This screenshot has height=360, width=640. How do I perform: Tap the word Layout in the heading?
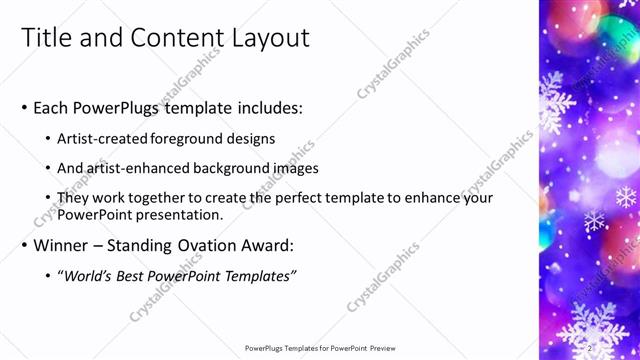tap(270, 38)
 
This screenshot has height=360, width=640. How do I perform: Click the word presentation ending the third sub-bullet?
tap(176, 215)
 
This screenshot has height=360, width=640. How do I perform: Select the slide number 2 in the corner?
tap(591, 348)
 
